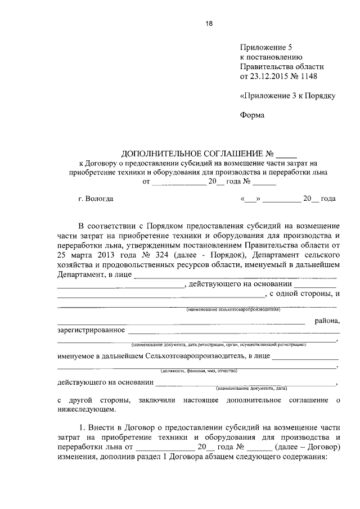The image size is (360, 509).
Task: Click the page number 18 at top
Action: [209, 24]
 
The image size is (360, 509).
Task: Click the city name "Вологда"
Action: [99, 199]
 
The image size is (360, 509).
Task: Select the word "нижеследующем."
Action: [85, 410]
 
